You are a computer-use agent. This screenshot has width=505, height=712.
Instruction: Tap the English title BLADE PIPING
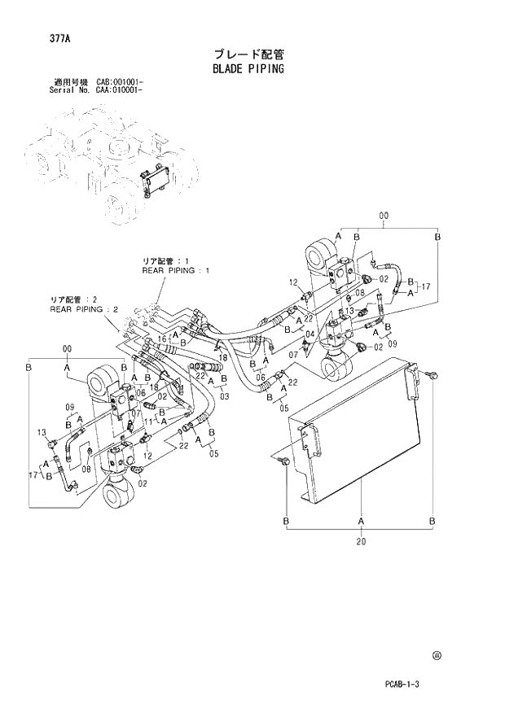pyautogui.click(x=248, y=69)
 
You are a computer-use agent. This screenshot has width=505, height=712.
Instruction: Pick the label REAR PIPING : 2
pyautogui.click(x=85, y=309)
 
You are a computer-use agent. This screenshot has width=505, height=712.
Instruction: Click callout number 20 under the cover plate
pyautogui.click(x=360, y=541)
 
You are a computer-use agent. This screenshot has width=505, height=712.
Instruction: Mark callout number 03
pyautogui.click(x=223, y=395)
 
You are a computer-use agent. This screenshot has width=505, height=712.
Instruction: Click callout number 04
pyautogui.click(x=310, y=334)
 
